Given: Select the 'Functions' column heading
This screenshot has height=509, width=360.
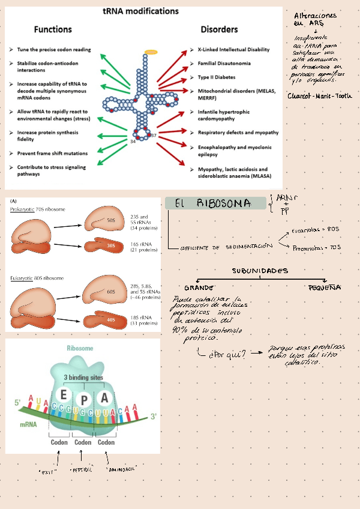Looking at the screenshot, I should (53, 29).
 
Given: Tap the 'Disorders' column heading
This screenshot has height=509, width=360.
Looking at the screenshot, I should (219, 29).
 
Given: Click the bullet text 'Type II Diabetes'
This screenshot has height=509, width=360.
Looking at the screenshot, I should (217, 77).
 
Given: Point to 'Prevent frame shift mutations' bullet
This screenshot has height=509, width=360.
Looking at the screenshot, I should (52, 154).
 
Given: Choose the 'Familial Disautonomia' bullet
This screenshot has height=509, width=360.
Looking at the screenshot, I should (224, 64).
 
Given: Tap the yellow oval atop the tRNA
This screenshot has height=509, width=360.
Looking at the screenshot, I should (151, 52).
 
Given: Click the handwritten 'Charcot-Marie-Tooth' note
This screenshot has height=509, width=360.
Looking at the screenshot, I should (320, 96).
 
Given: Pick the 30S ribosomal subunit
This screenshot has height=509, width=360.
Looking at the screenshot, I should (106, 246).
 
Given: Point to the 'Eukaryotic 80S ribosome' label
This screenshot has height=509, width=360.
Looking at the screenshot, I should (38, 279).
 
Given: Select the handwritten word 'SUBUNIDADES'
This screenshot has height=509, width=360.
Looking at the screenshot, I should (260, 271).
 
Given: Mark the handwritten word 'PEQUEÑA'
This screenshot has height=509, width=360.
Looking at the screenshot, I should (325, 288).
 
